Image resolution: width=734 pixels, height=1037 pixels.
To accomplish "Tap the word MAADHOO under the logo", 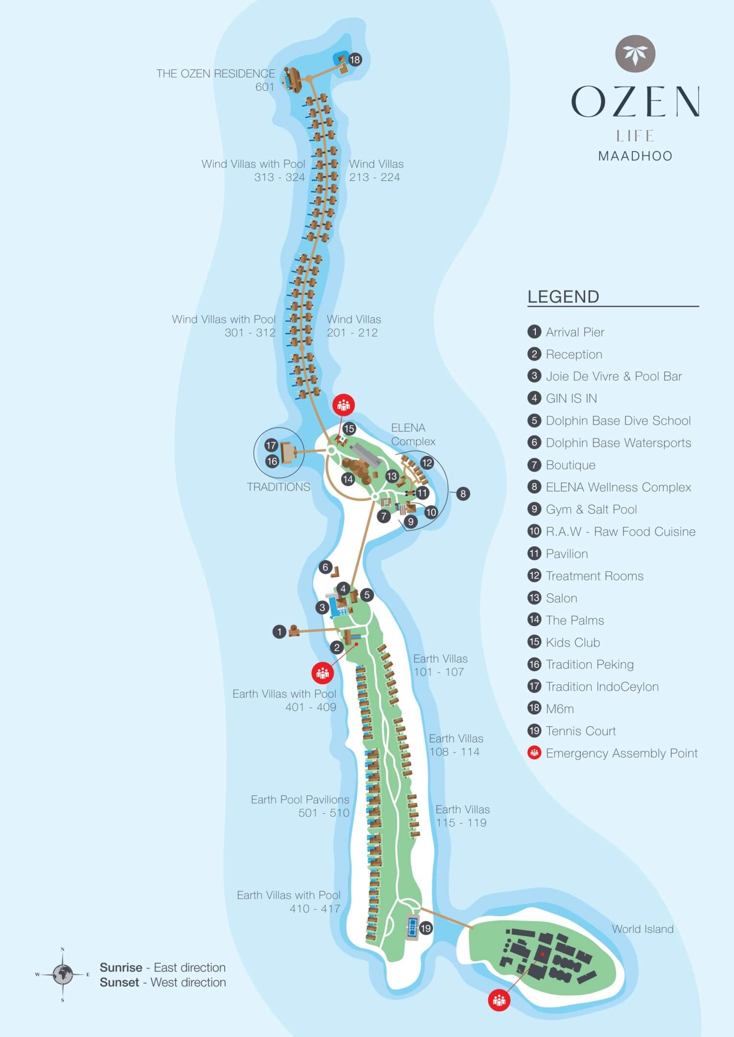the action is tap(635, 156).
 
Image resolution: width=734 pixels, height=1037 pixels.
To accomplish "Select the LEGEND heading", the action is tap(563, 297).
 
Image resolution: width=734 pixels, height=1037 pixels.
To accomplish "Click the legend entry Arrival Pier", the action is tap(575, 332).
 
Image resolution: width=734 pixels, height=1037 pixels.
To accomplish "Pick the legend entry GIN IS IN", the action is tap(571, 398).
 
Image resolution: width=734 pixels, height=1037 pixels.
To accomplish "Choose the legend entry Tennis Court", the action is tap(581, 731).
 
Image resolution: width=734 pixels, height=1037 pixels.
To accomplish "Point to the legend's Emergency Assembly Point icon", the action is tap(534, 753).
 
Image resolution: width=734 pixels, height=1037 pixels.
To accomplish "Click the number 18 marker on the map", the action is tap(355, 60).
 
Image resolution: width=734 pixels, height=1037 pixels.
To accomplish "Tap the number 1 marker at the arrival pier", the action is tap(279, 632).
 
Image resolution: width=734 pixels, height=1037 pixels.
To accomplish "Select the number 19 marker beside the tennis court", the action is tap(426, 928).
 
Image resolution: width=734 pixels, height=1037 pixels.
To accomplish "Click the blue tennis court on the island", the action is tap(412, 926).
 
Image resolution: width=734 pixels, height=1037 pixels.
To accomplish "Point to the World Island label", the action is tap(642, 929).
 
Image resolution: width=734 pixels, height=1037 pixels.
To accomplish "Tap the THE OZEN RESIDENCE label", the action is tap(215, 74).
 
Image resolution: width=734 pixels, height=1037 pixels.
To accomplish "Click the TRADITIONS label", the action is tap(278, 487).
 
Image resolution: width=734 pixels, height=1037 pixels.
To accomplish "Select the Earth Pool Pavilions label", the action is tap(300, 799).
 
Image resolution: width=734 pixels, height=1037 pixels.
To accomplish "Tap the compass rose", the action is tap(63, 974).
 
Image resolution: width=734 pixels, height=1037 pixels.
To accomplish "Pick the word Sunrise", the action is tap(121, 967).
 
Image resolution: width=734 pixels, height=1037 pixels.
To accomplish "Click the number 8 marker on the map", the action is tap(463, 494).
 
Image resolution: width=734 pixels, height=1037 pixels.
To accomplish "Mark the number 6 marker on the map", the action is tap(325, 567).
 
